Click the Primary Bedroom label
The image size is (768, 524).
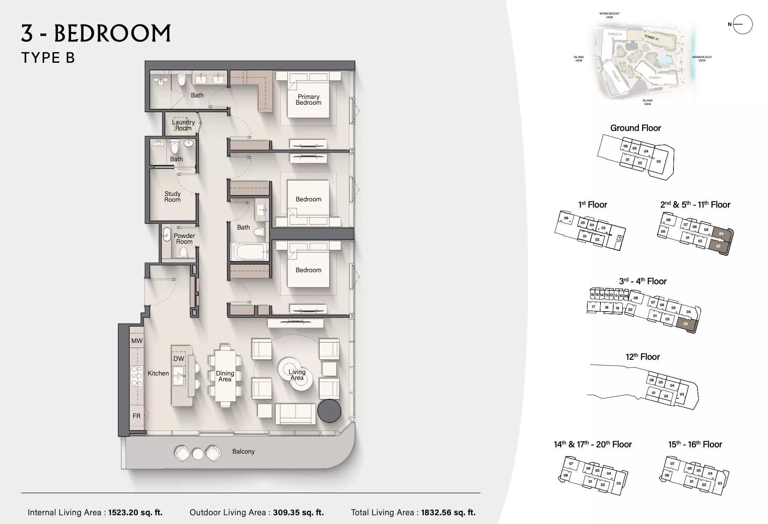308,100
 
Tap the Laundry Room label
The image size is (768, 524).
183,125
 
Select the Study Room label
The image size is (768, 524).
172,197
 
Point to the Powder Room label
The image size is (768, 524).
184,239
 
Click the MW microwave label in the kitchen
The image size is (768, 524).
137,341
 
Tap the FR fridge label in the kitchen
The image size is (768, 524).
137,416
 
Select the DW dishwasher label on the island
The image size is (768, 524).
178,359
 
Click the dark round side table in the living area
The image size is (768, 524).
329,411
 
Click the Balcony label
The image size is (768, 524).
243,451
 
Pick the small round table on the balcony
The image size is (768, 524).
198,454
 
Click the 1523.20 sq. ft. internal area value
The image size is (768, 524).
135,512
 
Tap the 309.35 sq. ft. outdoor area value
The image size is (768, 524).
298,512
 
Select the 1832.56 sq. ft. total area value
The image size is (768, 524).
448,512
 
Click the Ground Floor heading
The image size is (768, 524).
635,128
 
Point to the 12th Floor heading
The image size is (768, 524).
643,357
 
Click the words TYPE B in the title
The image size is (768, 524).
48,58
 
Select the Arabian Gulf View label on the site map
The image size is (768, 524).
702,59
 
